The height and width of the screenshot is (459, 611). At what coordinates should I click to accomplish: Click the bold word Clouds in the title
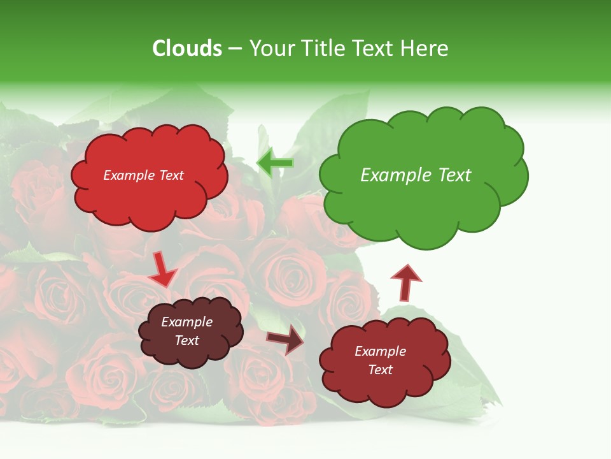187,48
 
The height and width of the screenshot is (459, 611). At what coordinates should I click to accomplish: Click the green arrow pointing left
274,163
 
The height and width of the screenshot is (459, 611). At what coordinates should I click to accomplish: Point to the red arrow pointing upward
405,282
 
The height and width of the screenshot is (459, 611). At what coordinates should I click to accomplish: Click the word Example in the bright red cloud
129,175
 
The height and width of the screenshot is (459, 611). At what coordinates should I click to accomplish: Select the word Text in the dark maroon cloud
187,340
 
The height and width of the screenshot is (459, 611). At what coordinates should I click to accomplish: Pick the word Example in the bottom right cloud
380,351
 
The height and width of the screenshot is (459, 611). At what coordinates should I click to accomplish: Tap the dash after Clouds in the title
235,49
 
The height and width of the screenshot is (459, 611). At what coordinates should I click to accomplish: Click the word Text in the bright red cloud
171,175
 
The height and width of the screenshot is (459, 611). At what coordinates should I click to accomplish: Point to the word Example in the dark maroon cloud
187,322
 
